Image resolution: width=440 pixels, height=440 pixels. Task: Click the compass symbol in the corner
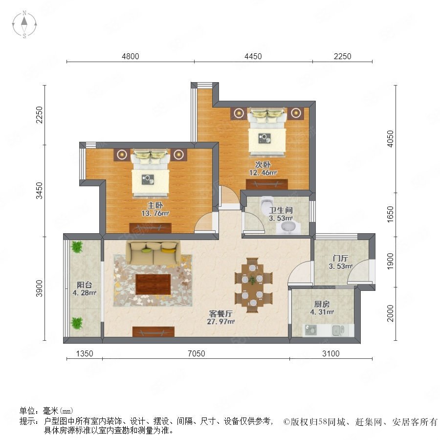coord(24,24)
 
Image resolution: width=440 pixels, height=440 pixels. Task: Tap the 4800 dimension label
coord(130,56)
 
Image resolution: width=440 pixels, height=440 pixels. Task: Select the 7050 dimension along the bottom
coord(197,353)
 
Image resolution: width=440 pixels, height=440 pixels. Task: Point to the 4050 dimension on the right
coord(390,139)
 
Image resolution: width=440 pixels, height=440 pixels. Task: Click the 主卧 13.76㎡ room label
coord(155,210)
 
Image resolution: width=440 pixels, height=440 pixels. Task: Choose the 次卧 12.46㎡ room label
coord(263,168)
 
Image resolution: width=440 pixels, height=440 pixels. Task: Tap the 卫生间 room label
coord(281,210)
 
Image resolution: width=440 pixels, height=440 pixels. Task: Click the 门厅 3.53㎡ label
coord(340,262)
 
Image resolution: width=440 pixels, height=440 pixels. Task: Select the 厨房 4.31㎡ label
coord(322,308)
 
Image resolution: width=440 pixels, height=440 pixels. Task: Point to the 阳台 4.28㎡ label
coord(85,289)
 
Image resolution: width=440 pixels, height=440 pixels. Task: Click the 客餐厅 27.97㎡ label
coord(220,318)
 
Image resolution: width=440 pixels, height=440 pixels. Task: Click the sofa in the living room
coord(153,252)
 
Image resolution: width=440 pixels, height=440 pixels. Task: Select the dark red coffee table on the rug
coord(153,284)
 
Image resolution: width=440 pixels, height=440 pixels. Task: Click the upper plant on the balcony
coord(77,247)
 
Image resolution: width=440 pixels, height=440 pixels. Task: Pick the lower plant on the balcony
coord(77,323)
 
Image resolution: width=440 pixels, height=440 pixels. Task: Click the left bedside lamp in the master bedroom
coord(122,154)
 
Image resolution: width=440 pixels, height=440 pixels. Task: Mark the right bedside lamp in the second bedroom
coord(295,113)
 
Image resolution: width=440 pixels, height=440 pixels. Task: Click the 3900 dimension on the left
coord(40,288)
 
